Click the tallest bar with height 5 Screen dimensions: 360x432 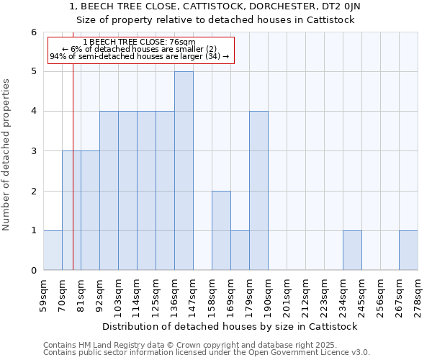[x=184, y=171]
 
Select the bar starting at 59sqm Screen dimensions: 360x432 [x=53, y=251]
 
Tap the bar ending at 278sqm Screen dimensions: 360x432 [x=408, y=251]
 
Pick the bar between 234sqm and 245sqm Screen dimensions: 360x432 [x=352, y=251]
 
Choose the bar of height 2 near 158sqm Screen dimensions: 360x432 [x=221, y=230]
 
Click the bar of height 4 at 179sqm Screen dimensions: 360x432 [x=258, y=191]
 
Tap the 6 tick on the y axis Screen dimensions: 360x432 [x=33, y=32]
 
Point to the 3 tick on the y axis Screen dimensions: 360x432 [x=33, y=151]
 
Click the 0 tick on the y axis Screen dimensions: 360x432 [x=33, y=271]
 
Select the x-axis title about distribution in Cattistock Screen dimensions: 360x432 [x=230, y=326]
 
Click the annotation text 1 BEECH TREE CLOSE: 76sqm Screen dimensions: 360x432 [x=139, y=42]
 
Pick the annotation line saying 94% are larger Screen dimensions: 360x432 [x=139, y=56]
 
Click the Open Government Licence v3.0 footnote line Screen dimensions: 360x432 [x=207, y=353]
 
